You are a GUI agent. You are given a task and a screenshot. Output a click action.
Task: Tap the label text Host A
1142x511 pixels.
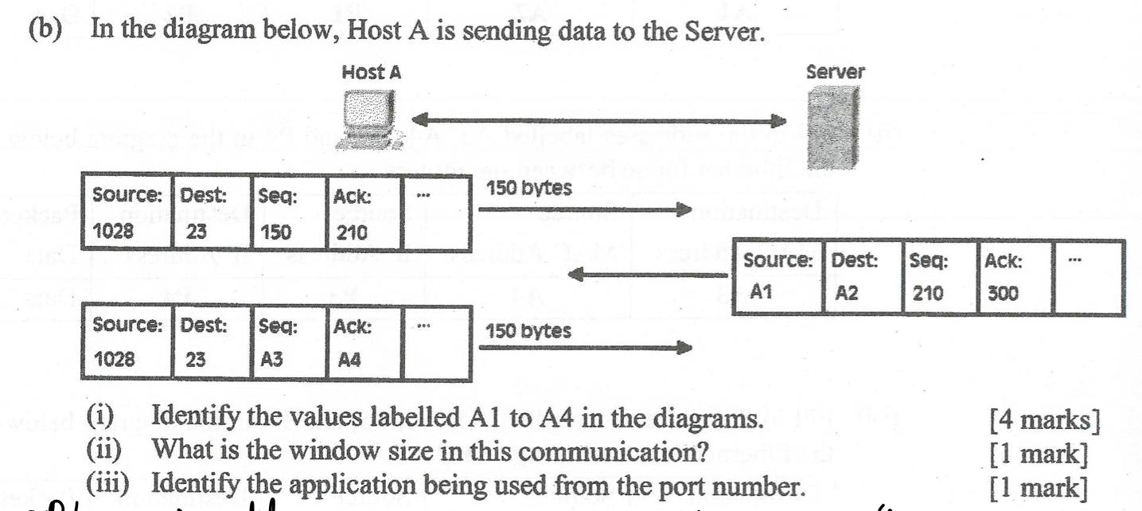coord(371,72)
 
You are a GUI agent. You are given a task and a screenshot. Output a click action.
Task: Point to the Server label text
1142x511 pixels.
coord(835,72)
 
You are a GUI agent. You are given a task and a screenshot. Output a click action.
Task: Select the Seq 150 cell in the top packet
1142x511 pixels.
coord(288,210)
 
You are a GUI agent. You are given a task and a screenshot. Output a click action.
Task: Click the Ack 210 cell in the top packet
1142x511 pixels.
coord(364,210)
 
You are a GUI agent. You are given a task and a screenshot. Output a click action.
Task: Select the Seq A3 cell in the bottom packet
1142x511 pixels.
coord(288,343)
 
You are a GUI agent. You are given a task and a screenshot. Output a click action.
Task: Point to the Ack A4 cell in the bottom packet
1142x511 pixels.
coord(364,343)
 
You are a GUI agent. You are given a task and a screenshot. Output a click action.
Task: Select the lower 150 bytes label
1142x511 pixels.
coord(528,330)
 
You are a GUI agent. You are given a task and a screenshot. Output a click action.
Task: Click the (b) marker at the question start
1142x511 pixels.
coord(45,29)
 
